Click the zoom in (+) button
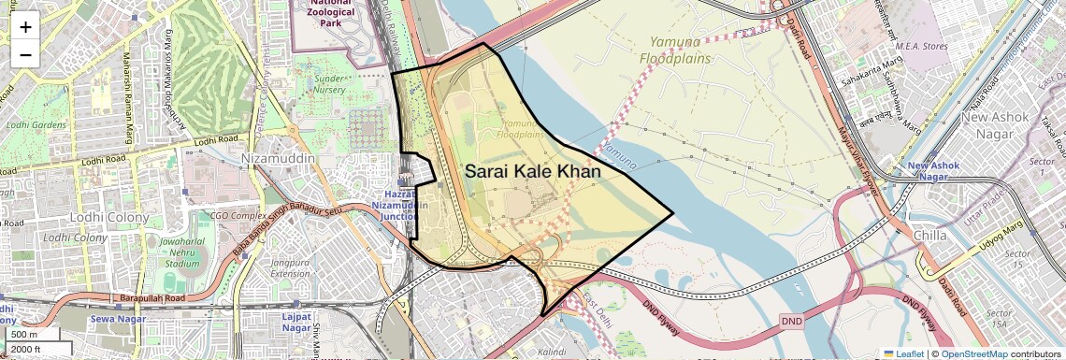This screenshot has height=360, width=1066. pyautogui.click(x=25, y=26)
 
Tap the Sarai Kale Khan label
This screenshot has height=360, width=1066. pyautogui.click(x=532, y=171)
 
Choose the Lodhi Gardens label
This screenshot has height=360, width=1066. pyautogui.click(x=36, y=124)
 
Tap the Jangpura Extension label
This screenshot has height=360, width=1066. pyautogui.click(x=290, y=268)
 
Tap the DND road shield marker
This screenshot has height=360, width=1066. pyautogui.click(x=791, y=321)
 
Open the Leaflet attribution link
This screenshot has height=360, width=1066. pyautogui.click(x=903, y=353)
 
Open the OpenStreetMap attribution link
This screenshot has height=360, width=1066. pyautogui.click(x=973, y=353)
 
